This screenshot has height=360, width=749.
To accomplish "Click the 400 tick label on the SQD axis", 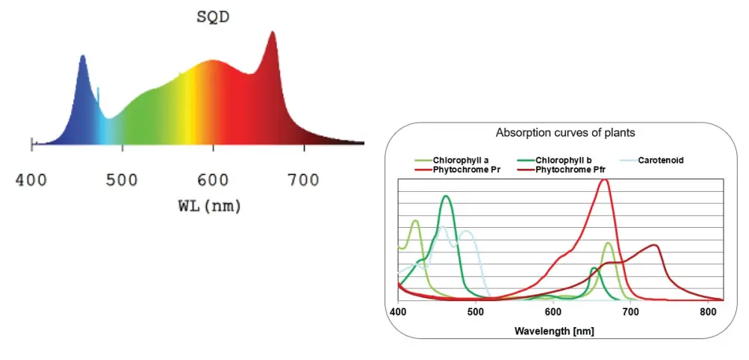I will (x=31, y=180).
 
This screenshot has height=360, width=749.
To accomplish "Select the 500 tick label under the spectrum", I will (x=122, y=180).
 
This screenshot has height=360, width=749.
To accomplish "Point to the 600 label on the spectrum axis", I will (x=214, y=180).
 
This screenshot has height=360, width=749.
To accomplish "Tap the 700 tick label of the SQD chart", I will (x=304, y=180).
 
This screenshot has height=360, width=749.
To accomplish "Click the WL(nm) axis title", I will (x=204, y=206).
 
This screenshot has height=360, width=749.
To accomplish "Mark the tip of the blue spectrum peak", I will (x=82, y=55).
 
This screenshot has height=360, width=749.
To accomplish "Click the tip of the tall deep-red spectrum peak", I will (x=273, y=32).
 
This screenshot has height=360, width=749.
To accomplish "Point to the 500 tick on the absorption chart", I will (x=476, y=310).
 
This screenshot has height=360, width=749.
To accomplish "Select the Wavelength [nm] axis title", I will (x=553, y=329).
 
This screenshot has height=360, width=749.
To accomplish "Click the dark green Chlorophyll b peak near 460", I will (x=447, y=196).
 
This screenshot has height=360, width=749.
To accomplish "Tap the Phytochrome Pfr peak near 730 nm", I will (x=655, y=245).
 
